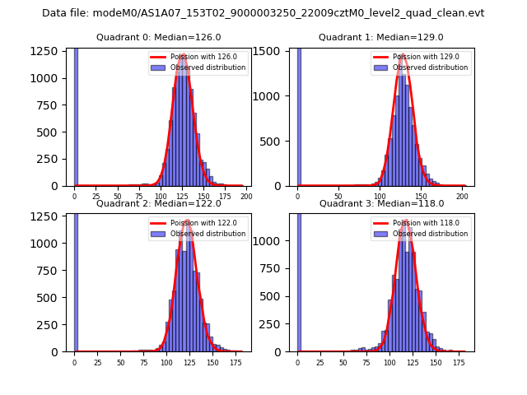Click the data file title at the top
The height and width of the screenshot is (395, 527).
pyautogui.click(x=263, y=13)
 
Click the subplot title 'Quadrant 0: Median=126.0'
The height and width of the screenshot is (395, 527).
pyautogui.click(x=158, y=37)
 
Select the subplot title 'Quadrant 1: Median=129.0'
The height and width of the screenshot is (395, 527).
pyautogui.click(x=381, y=37)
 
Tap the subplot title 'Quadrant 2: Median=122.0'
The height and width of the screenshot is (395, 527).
pyautogui.click(x=158, y=203)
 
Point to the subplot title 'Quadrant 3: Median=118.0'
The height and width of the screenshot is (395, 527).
pyautogui.click(x=381, y=203)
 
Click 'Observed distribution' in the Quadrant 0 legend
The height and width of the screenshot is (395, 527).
pyautogui.click(x=208, y=67)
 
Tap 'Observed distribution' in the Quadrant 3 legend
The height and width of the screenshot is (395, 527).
pyautogui.click(x=431, y=234)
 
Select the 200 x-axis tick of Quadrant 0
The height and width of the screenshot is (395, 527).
pyautogui.click(x=246, y=196)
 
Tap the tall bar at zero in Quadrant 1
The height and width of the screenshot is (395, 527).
pyautogui.click(x=299, y=115)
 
